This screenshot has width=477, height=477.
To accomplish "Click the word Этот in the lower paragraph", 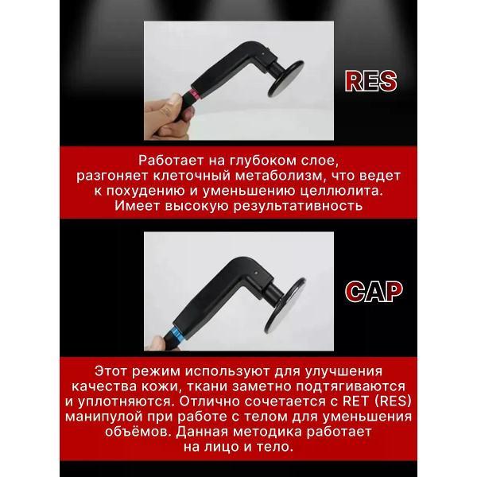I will tap(112, 372).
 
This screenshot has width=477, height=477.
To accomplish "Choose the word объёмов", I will tap(119, 434).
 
